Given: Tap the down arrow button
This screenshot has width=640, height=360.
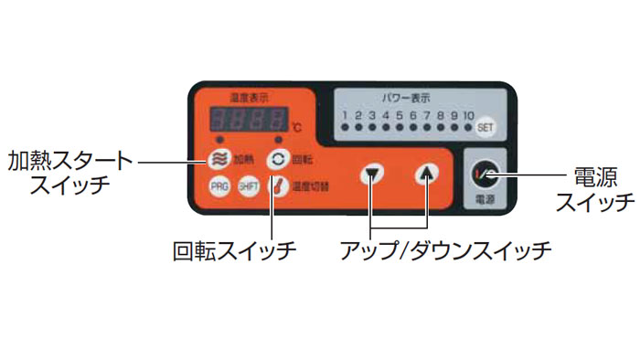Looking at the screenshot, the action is [371, 174].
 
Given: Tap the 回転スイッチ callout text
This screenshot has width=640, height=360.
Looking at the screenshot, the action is [235, 249].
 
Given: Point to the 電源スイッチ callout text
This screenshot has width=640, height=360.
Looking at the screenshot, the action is [595, 188].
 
